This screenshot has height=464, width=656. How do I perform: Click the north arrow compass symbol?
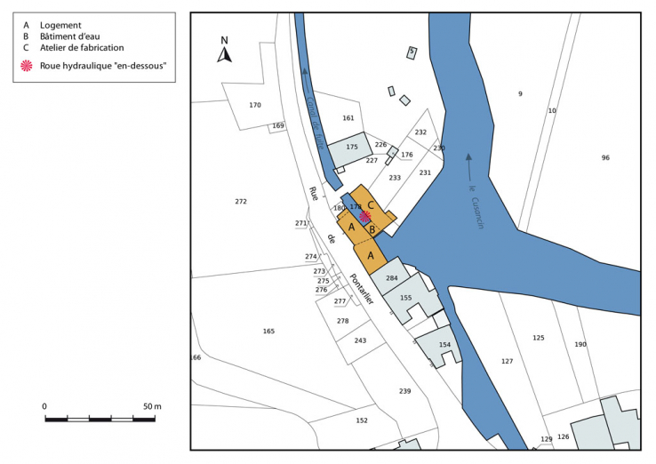coord(225,52)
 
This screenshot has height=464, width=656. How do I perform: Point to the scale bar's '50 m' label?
coord(152,406)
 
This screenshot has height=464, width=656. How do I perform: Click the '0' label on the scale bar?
coord(45,406)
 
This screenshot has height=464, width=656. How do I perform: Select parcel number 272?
coord(241,202)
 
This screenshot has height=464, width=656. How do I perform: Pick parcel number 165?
coord(268,331)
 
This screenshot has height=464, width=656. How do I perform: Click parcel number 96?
coord(605,158)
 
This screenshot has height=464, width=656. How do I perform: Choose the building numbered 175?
coord(352,148)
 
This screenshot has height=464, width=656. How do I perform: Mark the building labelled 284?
coord(391,279)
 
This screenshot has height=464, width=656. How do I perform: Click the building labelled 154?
coord(444,344)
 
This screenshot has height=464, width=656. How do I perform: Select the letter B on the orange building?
coord(373,229)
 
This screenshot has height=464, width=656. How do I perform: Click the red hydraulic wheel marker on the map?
coord(364,215)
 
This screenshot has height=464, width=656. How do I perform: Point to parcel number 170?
coord(255,106)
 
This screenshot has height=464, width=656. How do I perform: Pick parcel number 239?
coord(405,391)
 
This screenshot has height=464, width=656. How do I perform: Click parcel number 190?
coord(580,345)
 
